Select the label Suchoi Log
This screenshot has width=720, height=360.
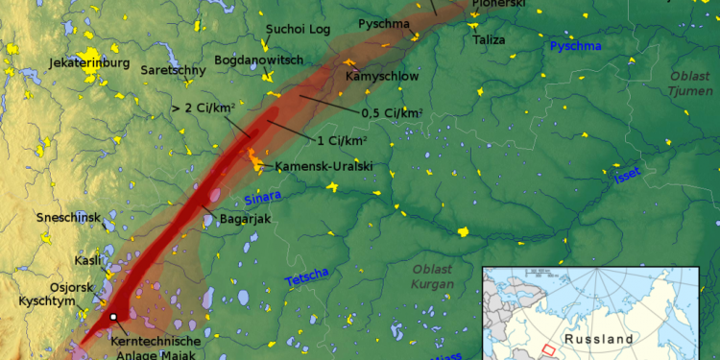[x=298, y=30]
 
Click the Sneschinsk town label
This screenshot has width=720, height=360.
[x=68, y=218]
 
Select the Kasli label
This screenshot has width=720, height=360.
[x=87, y=261]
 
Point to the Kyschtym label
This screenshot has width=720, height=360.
[x=47, y=301]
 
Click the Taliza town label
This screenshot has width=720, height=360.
[x=490, y=40]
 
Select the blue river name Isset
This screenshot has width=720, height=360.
[x=627, y=175]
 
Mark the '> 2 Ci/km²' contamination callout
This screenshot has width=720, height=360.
[x=204, y=108]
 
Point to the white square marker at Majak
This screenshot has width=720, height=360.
[x=113, y=316]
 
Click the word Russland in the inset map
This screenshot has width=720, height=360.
[x=599, y=339]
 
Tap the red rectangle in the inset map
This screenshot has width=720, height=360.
[x=548, y=349]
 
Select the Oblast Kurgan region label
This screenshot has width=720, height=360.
[x=433, y=276]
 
